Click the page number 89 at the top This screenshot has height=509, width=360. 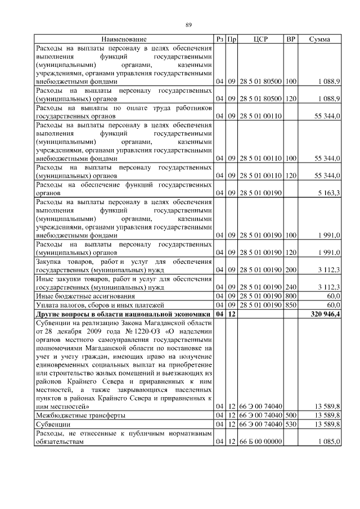coord(189,24)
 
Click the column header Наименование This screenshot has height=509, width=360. coord(124,39)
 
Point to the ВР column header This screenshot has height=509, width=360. coord(291,39)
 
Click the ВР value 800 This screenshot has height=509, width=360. coord(291,295)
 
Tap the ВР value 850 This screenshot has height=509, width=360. coord(291,304)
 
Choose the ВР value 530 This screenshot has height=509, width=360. coord(291,424)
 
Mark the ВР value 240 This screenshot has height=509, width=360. coord(291,286)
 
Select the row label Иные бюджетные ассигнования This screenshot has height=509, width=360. coord(85,295)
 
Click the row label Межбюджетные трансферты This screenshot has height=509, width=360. coord(80,415)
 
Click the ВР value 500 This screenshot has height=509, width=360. coord(291,415)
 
